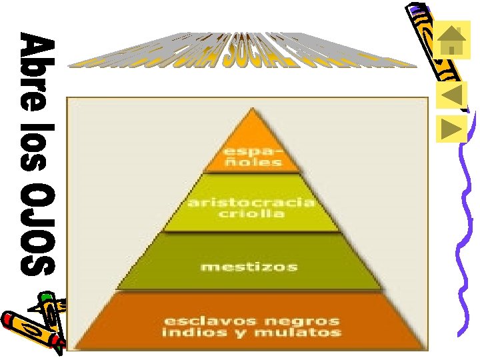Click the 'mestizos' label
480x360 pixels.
pos(249,267)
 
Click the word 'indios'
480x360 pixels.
pos(189,332)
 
